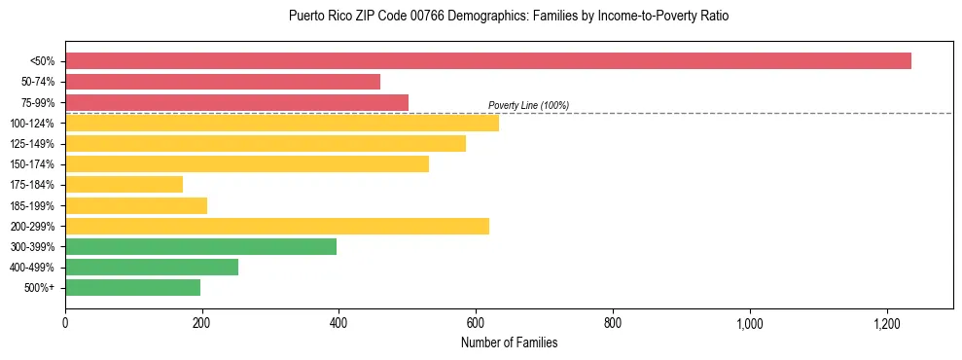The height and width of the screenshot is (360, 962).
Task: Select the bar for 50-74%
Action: click(x=223, y=82)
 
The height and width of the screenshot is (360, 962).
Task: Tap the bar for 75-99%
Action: click(x=236, y=102)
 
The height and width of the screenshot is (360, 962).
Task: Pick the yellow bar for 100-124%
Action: click(x=282, y=123)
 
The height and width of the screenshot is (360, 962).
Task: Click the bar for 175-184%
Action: click(x=124, y=185)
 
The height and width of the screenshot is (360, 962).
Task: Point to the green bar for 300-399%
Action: click(x=200, y=246)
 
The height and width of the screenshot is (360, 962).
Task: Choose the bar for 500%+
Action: click(x=132, y=288)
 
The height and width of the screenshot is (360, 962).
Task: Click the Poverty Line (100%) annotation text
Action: click(x=528, y=105)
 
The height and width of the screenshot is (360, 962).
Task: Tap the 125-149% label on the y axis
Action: click(x=32, y=144)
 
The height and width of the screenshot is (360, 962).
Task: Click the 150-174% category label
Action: click(x=32, y=164)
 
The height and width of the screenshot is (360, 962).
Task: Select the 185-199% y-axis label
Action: click(x=32, y=205)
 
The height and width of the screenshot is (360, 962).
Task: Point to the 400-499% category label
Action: click(x=32, y=268)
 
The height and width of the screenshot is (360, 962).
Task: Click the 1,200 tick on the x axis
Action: click(x=887, y=323)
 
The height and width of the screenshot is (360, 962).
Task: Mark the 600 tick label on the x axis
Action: click(x=476, y=323)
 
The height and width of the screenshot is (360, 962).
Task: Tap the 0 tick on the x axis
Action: click(x=65, y=323)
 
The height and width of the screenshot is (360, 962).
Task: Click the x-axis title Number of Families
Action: click(x=509, y=342)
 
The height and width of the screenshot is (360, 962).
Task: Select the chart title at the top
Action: click(x=509, y=17)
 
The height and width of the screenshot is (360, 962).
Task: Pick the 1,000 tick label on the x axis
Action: click(x=750, y=323)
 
